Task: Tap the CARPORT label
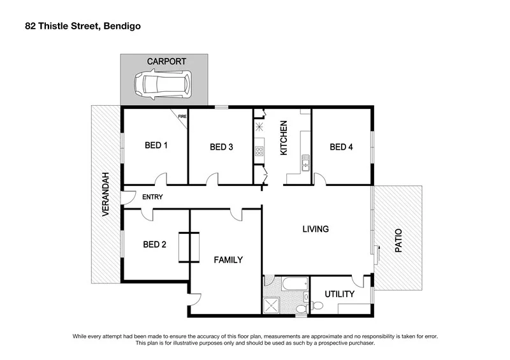(x=166, y=62)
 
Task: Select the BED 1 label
(x=156, y=145)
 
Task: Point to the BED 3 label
(x=221, y=147)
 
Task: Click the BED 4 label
(x=341, y=147)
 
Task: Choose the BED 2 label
(x=155, y=244)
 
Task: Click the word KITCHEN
(x=284, y=138)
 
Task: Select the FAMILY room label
(x=228, y=259)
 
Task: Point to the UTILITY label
(x=339, y=294)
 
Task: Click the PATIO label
(x=399, y=242)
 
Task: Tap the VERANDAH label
(x=106, y=194)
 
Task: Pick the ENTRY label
(x=152, y=197)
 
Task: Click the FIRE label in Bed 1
(x=182, y=117)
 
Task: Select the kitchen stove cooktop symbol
(x=259, y=151)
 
